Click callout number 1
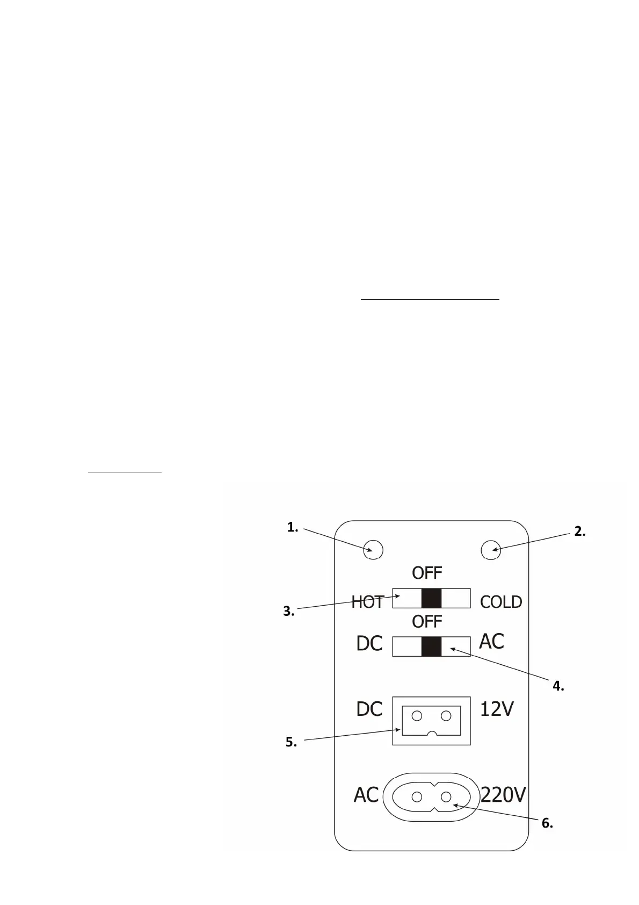point(293,528)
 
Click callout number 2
point(580,531)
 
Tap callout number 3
point(289,611)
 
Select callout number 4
point(558,686)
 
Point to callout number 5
point(291,742)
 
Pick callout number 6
point(547,823)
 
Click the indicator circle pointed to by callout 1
point(373,549)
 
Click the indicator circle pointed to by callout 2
point(490,549)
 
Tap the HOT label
point(368,602)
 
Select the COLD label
point(501,602)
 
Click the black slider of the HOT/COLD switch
point(431,598)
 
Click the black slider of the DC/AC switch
point(431,647)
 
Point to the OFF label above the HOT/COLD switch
point(427,573)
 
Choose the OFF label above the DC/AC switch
point(427,622)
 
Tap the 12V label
point(497,709)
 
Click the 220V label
point(503,795)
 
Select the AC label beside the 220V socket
point(366,795)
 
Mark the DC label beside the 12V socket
point(369,709)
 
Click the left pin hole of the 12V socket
point(417,716)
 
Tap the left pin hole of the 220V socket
point(417,797)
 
